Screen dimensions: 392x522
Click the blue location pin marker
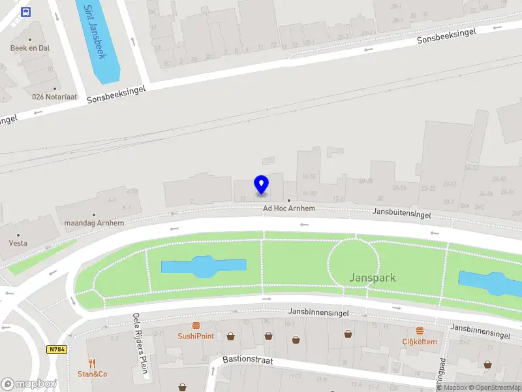pos(261,185)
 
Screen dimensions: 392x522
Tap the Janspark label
pos(373,278)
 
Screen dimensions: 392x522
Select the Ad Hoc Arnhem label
pos(289,208)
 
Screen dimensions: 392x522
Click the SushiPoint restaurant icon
pos(196,325)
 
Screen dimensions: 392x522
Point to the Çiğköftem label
pos(420,342)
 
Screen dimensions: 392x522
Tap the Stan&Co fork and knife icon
pos(93,363)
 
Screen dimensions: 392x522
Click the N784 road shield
pos(57,350)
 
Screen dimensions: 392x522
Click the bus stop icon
pos(26,12)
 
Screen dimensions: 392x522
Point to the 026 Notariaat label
pos(55,97)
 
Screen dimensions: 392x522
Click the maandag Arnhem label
pos(94,223)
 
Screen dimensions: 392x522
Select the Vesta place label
pos(18,243)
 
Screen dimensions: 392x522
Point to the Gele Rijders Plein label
pos(141,346)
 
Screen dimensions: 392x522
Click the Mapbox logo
pos(29,384)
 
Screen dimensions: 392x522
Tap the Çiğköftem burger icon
pos(420,331)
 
